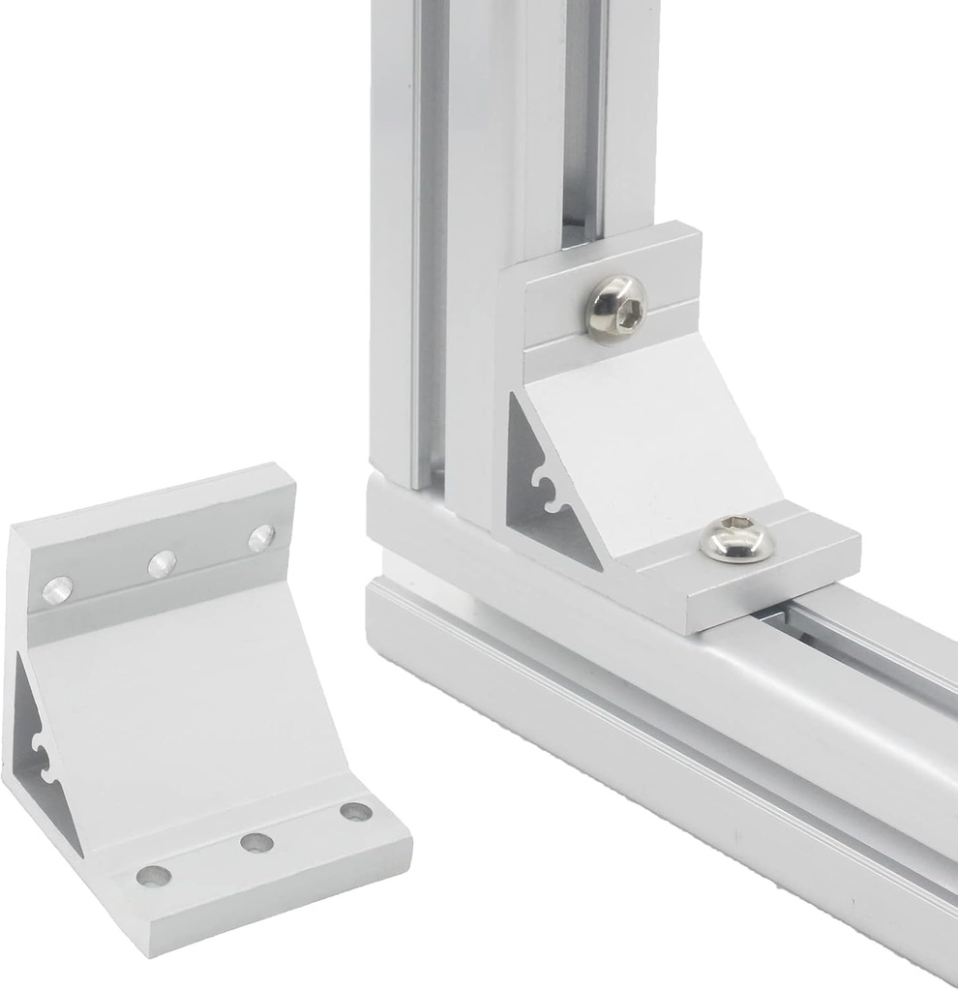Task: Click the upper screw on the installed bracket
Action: (x=616, y=306)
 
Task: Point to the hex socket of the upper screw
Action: (x=618, y=310)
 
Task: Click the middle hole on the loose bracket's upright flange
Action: (x=162, y=563)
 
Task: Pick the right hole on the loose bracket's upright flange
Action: (x=261, y=537)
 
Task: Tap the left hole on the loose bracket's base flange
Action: (x=154, y=876)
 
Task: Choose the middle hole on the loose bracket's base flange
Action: (x=256, y=842)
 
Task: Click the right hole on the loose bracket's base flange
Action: (x=355, y=811)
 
